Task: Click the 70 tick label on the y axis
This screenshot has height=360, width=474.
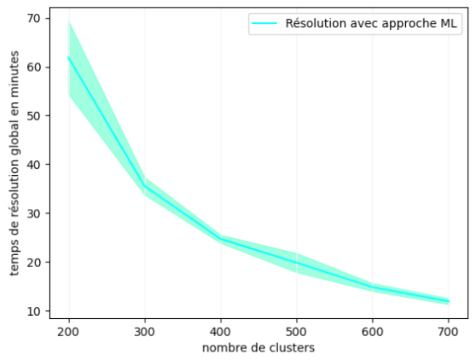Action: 36,18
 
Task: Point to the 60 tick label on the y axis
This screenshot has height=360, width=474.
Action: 36,67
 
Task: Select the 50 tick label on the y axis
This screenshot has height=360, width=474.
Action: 36,116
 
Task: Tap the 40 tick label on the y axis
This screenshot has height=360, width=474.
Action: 36,165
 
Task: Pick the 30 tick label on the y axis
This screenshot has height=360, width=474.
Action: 36,214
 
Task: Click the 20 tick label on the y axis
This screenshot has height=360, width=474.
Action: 36,262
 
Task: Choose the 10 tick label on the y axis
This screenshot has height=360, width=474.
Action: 36,311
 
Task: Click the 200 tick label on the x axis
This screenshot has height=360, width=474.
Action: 69,332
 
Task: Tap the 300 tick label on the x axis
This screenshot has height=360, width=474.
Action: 145,332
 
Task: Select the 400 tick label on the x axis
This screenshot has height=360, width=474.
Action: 221,332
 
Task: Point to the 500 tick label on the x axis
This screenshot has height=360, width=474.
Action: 297,332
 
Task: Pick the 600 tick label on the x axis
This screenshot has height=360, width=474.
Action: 373,332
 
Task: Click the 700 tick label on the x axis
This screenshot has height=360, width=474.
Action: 448,332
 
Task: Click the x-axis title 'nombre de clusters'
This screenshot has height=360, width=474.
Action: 258,348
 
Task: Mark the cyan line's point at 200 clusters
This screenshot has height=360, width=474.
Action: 69,57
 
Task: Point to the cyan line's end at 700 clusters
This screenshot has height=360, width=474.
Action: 448,301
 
